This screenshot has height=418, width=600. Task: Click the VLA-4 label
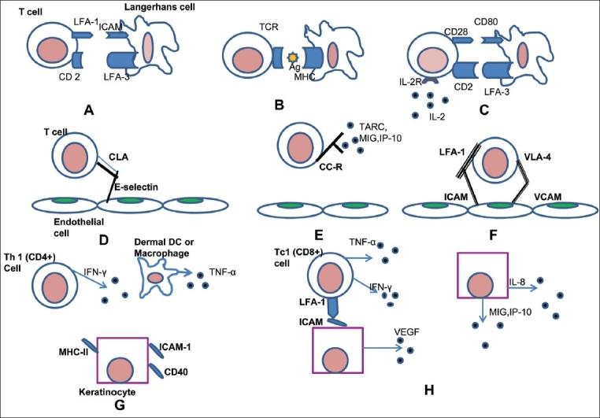click(537, 157)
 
